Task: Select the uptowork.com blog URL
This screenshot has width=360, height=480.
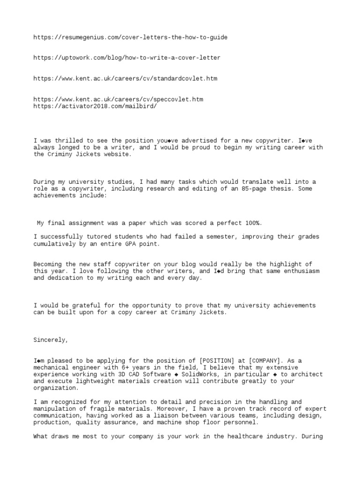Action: click(127, 58)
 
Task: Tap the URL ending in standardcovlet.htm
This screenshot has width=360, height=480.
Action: click(125, 78)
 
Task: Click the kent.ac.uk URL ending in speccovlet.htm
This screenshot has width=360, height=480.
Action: click(118, 99)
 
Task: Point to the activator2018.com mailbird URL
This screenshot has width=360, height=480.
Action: click(95, 106)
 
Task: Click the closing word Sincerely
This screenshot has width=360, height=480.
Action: click(51, 340)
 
